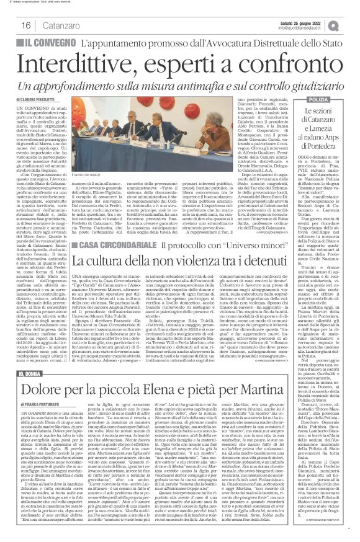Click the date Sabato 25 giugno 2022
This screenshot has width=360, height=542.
[306, 22]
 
